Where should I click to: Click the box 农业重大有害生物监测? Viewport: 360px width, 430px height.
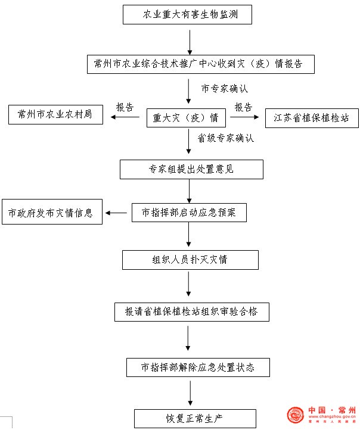tap(187, 14)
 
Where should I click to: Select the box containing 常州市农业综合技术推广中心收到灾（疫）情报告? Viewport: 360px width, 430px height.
tap(201, 64)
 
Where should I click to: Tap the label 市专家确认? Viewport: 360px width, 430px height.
tap(225, 89)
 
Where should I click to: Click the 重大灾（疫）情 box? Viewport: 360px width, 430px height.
tap(187, 118)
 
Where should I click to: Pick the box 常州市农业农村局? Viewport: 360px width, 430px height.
tap(55, 114)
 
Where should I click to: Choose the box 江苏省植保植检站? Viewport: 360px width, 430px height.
tap(312, 118)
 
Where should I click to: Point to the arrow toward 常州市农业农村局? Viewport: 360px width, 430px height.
tap(125, 117)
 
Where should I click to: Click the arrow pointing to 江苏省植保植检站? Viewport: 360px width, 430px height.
tap(244, 117)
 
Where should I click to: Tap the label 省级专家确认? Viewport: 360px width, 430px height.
tap(226, 138)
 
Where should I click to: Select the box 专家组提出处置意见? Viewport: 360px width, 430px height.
tap(191, 170)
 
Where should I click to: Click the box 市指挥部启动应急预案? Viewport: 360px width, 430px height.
tap(189, 213)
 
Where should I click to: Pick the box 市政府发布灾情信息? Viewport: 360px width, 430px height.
tap(52, 211)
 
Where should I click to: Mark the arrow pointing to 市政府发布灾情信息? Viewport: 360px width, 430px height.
tap(116, 213)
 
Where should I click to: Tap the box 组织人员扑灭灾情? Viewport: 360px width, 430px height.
tap(190, 260)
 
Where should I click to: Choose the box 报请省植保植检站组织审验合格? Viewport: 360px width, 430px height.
tap(192, 312)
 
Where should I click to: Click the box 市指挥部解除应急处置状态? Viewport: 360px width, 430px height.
tap(198, 367)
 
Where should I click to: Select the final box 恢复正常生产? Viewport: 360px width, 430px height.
tap(195, 419)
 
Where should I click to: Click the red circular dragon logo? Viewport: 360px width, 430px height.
tap(295, 415)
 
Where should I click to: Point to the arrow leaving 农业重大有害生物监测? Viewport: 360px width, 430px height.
tap(190, 42)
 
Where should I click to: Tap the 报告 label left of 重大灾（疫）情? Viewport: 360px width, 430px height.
tap(125, 107)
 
